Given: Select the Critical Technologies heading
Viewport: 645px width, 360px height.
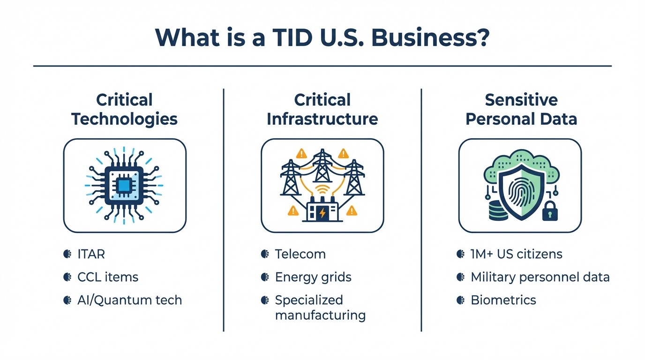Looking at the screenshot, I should tap(124, 109).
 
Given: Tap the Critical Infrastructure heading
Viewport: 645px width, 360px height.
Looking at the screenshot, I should tap(322, 109).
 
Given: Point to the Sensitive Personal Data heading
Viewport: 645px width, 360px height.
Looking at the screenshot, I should tap(521, 109).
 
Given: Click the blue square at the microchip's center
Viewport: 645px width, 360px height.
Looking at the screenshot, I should tap(124, 186).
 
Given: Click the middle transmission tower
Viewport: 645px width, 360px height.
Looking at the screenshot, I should tap(322, 168).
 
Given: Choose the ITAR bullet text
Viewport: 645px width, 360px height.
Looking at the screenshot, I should tap(91, 254).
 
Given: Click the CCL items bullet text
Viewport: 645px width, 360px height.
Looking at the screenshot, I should tap(108, 277).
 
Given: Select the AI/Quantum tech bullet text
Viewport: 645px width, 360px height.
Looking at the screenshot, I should tap(129, 300).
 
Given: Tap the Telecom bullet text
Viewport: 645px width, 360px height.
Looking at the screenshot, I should tap(300, 254).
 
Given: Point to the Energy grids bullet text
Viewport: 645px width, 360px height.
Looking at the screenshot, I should tap(313, 277).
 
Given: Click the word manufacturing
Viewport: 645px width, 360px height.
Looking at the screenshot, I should tap(320, 315).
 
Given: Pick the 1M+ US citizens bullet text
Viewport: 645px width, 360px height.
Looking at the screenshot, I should tap(517, 254).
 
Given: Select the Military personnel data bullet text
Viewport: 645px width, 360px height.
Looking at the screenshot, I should tap(540, 277).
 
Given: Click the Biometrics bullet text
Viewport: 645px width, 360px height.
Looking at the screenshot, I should tap(503, 300).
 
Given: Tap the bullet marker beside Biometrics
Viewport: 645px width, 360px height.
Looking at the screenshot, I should tap(460, 300).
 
